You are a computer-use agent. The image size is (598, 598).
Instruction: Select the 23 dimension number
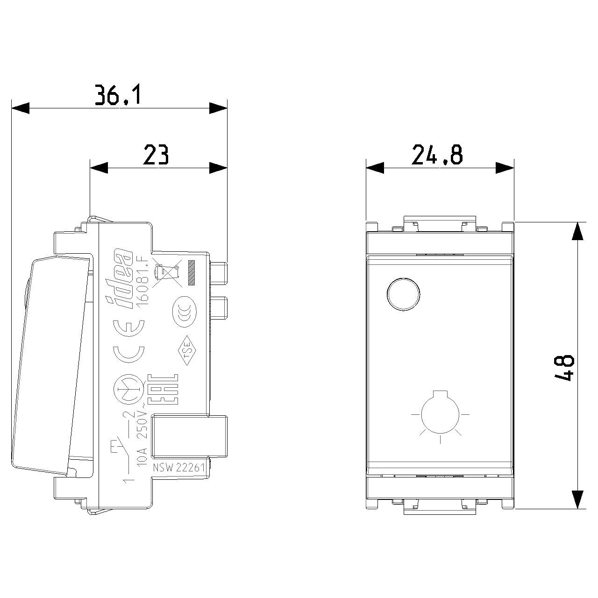click(156, 154)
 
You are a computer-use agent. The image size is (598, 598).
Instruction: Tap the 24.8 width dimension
click(437, 154)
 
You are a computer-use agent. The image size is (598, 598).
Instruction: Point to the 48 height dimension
click(563, 368)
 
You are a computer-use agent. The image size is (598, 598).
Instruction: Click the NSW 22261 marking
click(179, 468)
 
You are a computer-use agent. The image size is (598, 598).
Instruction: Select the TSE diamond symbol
click(187, 350)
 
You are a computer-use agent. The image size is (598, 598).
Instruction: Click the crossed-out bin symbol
click(168, 272)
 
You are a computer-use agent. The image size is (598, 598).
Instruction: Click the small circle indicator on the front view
click(404, 293)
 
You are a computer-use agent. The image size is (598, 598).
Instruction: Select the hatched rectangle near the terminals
click(192, 272)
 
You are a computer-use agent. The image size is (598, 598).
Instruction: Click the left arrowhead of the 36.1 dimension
click(20, 108)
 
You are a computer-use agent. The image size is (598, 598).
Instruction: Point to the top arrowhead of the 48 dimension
click(577, 231)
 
